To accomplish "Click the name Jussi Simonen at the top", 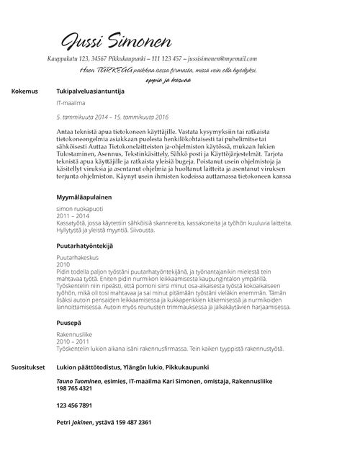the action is click(x=120, y=40).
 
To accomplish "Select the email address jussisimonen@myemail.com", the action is click(x=223, y=59).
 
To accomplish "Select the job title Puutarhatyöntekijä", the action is click(x=86, y=246).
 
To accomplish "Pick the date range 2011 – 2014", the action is click(x=72, y=215).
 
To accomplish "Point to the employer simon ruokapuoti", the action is click(x=80, y=208).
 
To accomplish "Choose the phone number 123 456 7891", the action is click(x=73, y=405).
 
